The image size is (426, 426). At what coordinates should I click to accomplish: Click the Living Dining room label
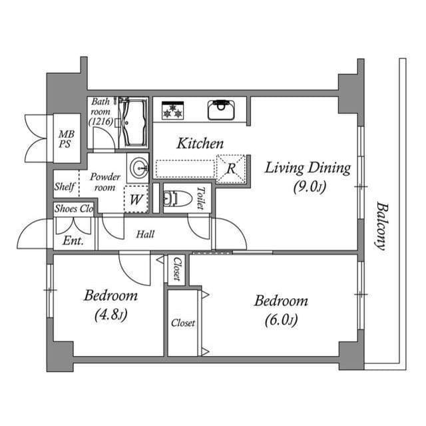pyautogui.click(x=307, y=168)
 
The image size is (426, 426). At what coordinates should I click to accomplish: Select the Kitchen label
pyautogui.click(x=200, y=143)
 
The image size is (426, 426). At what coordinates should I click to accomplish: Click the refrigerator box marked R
pyautogui.click(x=231, y=168)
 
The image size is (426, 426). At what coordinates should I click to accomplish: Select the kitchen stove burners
pyautogui.click(x=173, y=110)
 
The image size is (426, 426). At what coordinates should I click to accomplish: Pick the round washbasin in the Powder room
pyautogui.click(x=138, y=166)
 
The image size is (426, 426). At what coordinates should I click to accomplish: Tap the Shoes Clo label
pyautogui.click(x=73, y=208)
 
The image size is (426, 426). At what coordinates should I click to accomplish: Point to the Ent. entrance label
pyautogui.click(x=73, y=241)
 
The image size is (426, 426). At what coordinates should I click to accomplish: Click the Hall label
pyautogui.click(x=145, y=234)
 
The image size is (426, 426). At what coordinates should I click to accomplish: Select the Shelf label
pyautogui.click(x=65, y=187)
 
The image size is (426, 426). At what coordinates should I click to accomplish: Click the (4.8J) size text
pyautogui.click(x=110, y=315)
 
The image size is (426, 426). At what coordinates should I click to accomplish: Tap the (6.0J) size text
pyautogui.click(x=280, y=320)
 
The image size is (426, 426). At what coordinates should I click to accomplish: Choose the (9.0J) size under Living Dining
pyautogui.click(x=308, y=187)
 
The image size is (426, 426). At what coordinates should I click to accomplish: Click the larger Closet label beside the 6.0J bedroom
pyautogui.click(x=183, y=323)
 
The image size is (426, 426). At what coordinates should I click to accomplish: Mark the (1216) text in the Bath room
pyautogui.click(x=101, y=122)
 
